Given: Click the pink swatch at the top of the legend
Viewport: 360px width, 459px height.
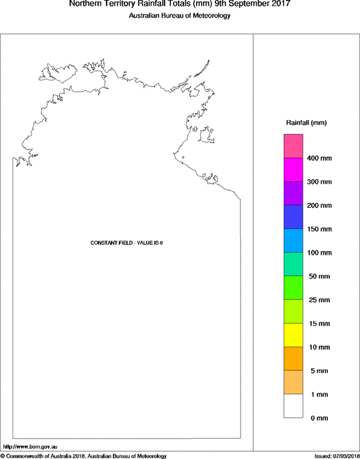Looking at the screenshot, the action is tap(292, 146).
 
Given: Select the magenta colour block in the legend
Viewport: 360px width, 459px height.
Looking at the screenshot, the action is tap(292, 170).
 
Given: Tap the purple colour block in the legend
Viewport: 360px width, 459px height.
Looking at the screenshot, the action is tap(292, 193).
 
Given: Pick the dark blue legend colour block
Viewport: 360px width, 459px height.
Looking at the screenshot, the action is tap(292, 217).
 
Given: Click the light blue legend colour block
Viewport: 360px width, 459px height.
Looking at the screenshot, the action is tap(292, 241).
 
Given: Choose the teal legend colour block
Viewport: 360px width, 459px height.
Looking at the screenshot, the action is tap(292, 264).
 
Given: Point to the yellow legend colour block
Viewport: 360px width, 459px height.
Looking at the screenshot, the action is tap(292, 335).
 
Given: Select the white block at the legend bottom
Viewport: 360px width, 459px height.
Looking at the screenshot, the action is tap(292, 406).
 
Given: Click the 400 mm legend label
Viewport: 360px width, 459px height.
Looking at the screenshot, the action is tap(319, 158).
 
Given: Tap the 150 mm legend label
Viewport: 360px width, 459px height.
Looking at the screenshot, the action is tap(319, 229).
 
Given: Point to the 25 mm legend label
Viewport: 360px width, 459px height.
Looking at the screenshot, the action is tap(319, 300).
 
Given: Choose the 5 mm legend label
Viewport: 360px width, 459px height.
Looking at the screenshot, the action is tap(319, 370).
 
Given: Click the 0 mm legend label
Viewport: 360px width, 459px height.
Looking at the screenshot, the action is tap(319, 418).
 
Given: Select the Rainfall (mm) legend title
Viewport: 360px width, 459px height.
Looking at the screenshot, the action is tap(306, 123).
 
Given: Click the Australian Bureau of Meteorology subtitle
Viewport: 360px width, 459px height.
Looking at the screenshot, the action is tap(179, 15).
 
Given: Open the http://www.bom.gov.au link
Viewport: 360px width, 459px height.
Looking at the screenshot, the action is tap(29, 446).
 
